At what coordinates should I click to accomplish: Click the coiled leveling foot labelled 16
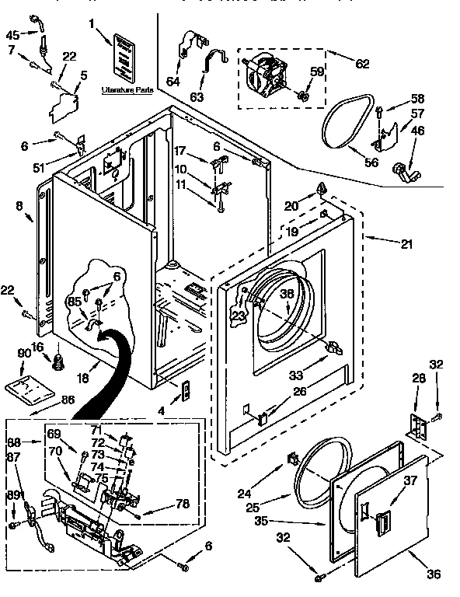(x=57, y=361)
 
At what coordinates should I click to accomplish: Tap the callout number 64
(x=172, y=81)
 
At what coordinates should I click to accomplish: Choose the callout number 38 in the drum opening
(x=287, y=295)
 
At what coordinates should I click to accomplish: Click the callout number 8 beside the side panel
(x=19, y=206)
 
